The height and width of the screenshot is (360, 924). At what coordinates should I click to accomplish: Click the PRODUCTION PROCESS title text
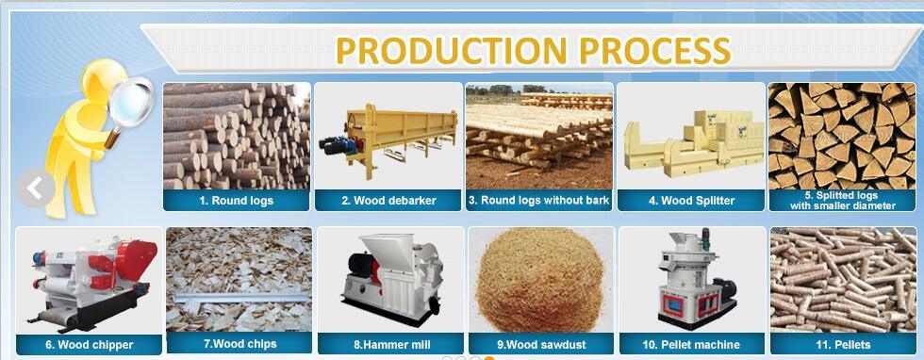[534, 49]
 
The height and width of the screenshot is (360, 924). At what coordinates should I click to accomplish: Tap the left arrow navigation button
[35, 188]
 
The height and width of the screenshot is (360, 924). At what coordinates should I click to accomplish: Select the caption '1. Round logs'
[236, 201]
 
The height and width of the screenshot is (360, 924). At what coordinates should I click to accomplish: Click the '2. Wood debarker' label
[387, 201]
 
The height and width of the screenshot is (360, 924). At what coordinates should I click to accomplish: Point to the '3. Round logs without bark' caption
[539, 201]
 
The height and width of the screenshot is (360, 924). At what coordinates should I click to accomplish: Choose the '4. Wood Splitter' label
[691, 201]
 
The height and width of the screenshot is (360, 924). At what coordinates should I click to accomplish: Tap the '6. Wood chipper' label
[89, 345]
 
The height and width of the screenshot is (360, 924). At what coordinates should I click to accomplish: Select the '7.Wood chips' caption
[239, 344]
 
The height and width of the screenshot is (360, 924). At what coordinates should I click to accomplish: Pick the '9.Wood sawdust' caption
[541, 345]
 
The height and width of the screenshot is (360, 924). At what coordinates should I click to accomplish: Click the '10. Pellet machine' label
[691, 345]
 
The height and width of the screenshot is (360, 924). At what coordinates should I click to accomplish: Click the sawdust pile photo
[541, 278]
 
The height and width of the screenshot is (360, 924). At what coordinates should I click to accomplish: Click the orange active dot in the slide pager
[489, 357]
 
